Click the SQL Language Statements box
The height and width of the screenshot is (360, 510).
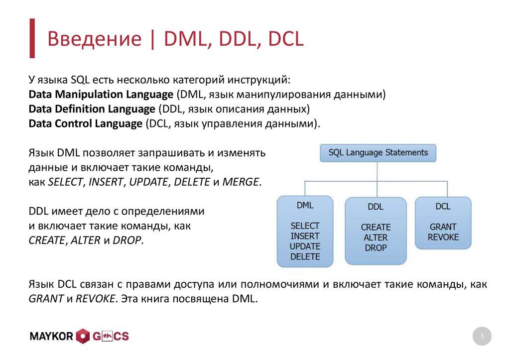[378, 152]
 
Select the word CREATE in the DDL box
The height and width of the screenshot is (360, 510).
[376, 227]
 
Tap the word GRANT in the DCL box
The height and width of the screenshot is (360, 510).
[443, 226]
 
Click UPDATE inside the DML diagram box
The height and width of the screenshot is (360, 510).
[305, 246]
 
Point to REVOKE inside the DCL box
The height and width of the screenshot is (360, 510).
[443, 237]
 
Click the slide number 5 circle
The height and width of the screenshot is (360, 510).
[482, 337]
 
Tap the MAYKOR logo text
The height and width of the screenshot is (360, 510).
[52, 337]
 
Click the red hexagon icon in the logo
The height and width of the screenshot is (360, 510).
[83, 337]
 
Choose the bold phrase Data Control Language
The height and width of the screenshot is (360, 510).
[85, 123]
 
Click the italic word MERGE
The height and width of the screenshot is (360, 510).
[241, 182]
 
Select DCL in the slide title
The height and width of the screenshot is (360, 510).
[285, 39]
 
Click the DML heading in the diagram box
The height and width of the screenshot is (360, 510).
[305, 205]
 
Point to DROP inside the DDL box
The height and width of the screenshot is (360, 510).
[376, 247]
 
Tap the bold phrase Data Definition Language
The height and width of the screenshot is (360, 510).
[92, 109]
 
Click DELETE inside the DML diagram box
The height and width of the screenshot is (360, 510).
[305, 257]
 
